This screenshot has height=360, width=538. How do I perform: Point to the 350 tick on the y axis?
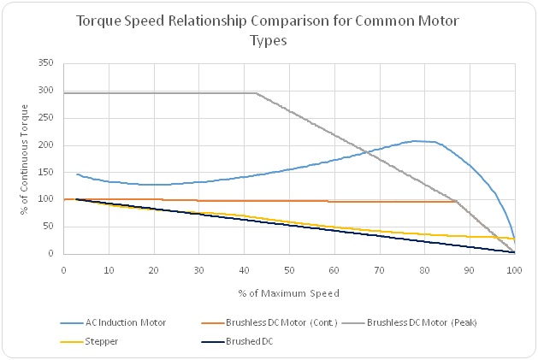coord(47,63)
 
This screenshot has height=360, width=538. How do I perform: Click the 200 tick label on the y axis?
coord(47,145)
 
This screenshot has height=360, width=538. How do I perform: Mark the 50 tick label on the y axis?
coord(50,227)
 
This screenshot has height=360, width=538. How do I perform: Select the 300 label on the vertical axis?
coord(47,91)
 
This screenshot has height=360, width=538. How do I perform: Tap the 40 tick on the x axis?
coord(244,269)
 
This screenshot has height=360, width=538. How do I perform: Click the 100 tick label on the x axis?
coord(514,269)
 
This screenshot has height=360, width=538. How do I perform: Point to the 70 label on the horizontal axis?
coord(379,269)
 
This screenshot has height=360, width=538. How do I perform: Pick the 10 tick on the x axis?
coord(109,269)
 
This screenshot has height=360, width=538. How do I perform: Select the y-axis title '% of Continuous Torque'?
coord(23,158)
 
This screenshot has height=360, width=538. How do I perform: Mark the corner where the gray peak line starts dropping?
coord(256,93)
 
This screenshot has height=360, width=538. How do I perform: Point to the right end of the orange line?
coord(456,202)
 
